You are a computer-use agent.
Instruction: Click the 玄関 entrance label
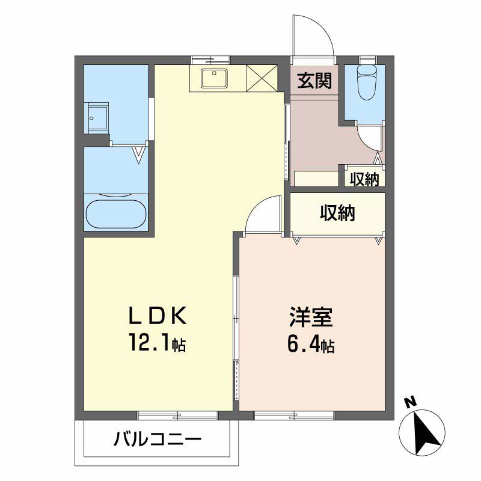(x=314, y=80)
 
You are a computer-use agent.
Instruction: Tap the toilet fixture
(x=366, y=85)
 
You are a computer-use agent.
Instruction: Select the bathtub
(x=116, y=213)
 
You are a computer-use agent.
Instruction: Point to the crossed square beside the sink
(x=262, y=78)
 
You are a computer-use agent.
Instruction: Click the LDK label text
(x=157, y=316)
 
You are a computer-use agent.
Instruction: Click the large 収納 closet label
(x=337, y=212)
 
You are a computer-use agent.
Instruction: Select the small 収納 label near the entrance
(x=364, y=179)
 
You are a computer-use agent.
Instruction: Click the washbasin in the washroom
(x=99, y=117)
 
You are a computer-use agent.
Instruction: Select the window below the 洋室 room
(x=294, y=415)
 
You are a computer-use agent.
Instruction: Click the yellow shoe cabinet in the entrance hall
(x=316, y=179)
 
